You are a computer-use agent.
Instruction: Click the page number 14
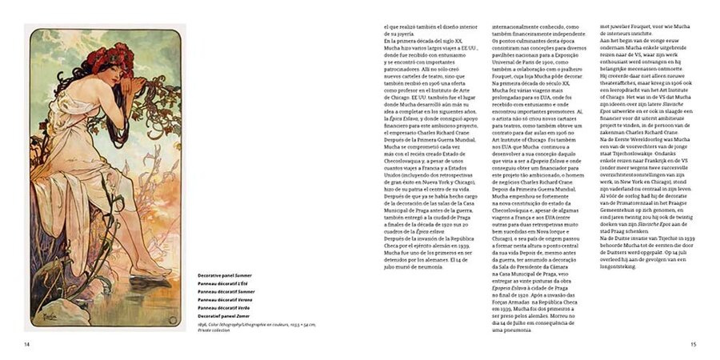[x=27, y=345]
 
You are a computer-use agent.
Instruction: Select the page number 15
[x=694, y=345]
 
